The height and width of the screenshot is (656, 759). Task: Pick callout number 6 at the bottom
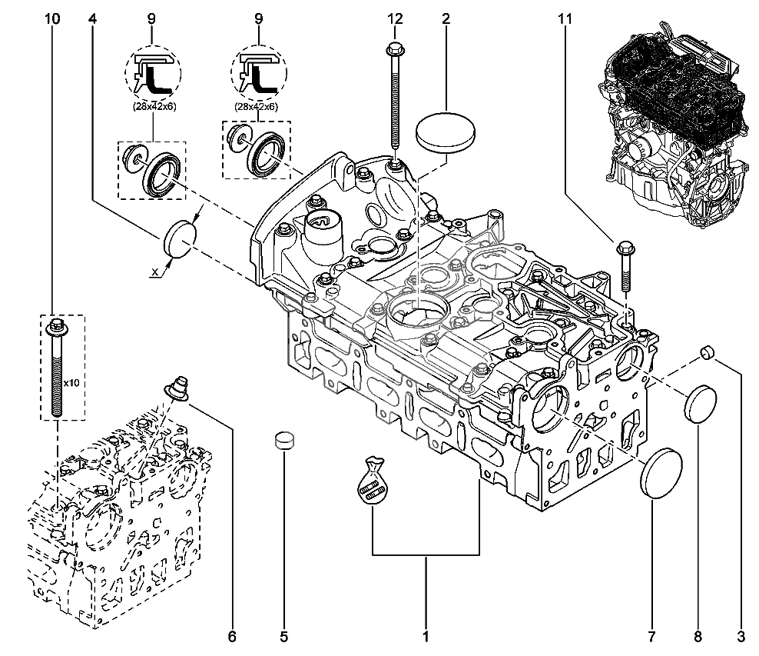tap(232, 637)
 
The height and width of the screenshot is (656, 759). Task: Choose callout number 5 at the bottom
tap(283, 637)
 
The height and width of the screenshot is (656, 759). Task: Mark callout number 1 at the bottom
tap(425, 637)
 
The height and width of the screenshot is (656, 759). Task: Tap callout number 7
tap(651, 637)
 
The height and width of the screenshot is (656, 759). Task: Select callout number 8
tap(698, 637)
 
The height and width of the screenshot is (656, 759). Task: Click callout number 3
tap(741, 637)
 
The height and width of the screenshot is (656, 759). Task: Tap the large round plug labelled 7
tap(661, 475)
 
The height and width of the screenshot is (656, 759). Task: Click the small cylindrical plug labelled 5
tap(285, 441)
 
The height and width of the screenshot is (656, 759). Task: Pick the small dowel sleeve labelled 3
tap(707, 353)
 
